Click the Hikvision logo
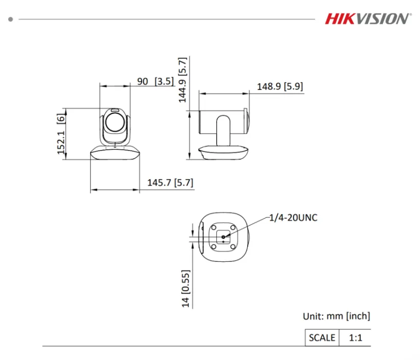367,19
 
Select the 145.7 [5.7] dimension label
170,182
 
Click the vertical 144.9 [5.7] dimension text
183,80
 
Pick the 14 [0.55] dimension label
186,289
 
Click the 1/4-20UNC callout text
293,218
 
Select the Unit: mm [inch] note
336,316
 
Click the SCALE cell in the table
322,338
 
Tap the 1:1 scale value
355,338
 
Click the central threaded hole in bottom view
223,237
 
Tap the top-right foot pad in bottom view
233,227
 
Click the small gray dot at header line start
10,19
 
